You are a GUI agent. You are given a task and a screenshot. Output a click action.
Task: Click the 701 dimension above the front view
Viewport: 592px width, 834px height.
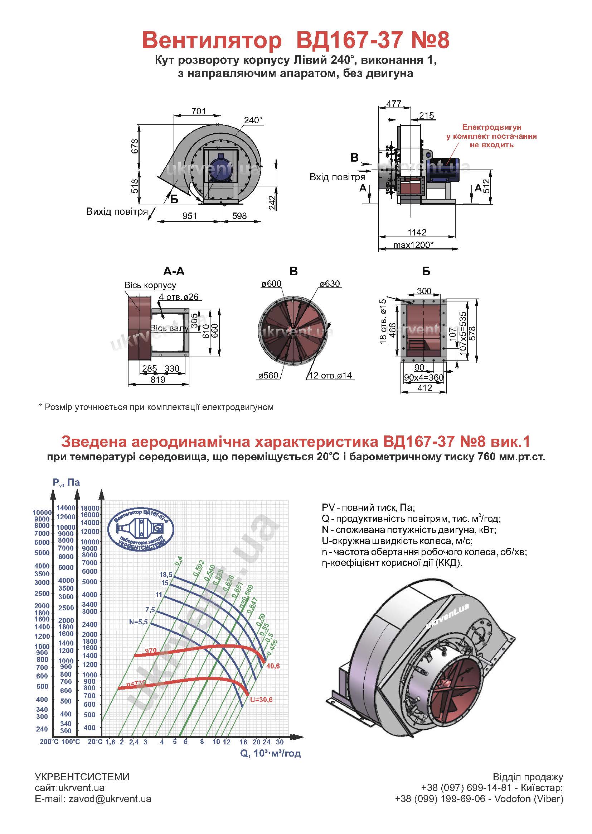click(x=198, y=111)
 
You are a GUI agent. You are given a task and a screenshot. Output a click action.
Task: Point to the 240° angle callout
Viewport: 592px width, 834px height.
click(x=253, y=120)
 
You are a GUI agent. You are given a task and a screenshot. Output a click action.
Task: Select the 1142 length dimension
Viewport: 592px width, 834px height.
click(x=417, y=232)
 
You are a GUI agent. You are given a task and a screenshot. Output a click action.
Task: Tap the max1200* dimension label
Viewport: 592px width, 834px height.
click(x=413, y=244)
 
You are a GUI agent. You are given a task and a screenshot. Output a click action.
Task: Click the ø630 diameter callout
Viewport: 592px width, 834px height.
click(x=330, y=283)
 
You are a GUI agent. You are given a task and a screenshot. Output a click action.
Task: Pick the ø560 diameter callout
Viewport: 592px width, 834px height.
click(x=268, y=375)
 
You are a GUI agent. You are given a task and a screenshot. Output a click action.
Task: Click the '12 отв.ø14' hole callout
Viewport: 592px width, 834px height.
click(x=330, y=375)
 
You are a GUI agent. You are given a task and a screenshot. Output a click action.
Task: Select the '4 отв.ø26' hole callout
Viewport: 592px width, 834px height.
click(x=179, y=297)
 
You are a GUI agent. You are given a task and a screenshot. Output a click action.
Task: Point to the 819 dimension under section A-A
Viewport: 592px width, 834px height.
click(x=158, y=380)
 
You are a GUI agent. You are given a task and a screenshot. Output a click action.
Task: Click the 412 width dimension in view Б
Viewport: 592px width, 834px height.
click(x=425, y=388)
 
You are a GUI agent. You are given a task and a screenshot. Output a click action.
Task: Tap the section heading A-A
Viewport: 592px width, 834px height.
click(x=174, y=271)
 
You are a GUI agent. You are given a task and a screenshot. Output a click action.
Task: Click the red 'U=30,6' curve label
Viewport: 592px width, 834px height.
click(x=261, y=700)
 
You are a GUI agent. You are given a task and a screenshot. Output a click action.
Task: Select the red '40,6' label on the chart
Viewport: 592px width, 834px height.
click(x=273, y=666)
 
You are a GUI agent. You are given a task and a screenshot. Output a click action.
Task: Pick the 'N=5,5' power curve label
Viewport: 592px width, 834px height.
click(x=139, y=622)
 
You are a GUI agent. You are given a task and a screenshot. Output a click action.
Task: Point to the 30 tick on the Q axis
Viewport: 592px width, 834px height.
click(x=280, y=742)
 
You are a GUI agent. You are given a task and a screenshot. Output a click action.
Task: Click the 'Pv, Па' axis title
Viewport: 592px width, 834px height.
click(x=66, y=482)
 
